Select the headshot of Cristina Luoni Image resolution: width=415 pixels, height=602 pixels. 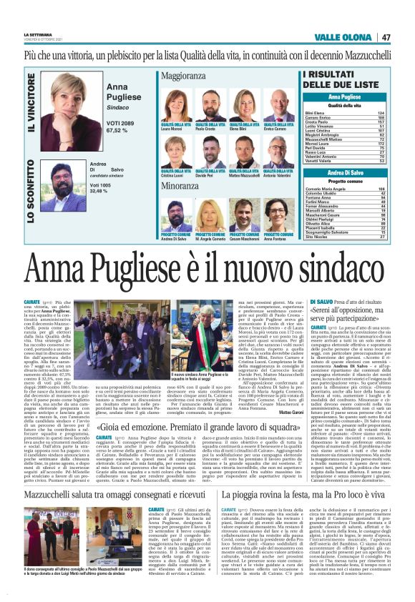tap(175, 154)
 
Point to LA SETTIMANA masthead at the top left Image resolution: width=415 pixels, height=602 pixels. tap(36, 34)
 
